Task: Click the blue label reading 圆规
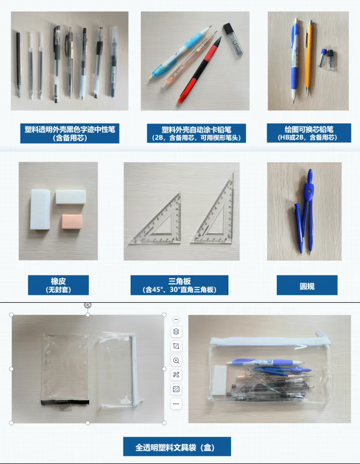tap(307, 285)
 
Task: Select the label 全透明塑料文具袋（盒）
tap(177, 446)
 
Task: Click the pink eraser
tap(71, 221)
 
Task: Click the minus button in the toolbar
tap(176, 319)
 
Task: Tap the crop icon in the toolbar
tap(176, 346)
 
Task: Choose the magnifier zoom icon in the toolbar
tap(176, 360)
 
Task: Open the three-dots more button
tap(176, 404)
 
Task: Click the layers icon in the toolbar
tap(176, 332)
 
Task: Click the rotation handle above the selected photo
tap(88, 305)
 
